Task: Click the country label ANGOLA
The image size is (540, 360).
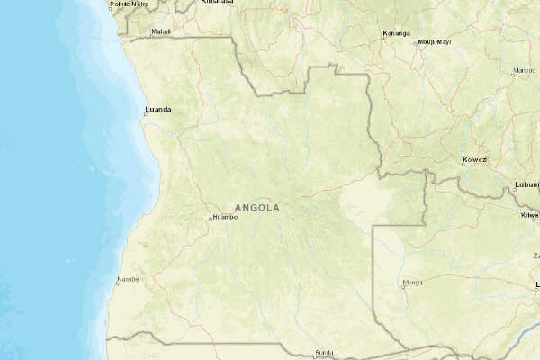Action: [256, 208]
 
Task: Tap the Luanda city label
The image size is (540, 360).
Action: [158, 111]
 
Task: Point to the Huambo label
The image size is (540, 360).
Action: [225, 217]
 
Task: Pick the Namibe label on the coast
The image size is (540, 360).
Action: [129, 280]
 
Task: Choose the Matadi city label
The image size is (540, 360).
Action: [161, 31]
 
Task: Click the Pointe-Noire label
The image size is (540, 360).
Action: [128, 4]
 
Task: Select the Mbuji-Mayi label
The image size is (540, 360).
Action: [435, 41]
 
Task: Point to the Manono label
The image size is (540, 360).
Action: [524, 70]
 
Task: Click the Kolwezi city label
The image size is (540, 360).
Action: [474, 159]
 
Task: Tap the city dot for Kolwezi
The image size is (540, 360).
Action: [463, 164]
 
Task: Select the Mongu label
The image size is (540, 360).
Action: [412, 282]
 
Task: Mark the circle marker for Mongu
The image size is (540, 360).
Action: [402, 287]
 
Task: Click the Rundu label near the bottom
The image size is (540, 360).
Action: [325, 352]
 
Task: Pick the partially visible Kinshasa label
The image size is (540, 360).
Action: [217, 3]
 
